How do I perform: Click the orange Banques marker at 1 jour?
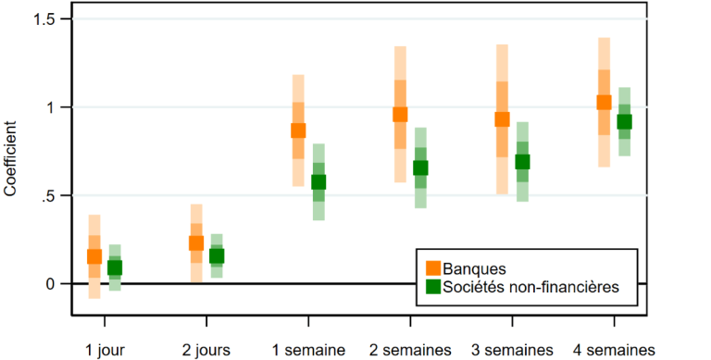click(94, 257)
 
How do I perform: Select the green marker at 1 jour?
click(115, 268)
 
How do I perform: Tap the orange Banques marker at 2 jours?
click(196, 243)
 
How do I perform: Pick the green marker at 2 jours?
click(217, 256)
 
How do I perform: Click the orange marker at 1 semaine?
click(298, 130)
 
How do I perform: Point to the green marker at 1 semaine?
click(318, 182)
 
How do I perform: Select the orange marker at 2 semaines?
click(400, 115)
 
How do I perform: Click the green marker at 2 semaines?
click(420, 168)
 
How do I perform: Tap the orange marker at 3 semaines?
click(502, 119)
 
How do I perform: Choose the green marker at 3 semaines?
click(522, 162)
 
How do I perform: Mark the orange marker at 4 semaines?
click(604, 103)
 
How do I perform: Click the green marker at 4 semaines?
click(624, 122)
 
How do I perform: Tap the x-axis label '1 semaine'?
click(308, 349)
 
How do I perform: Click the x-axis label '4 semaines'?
click(614, 349)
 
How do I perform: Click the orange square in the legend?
click(432, 267)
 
